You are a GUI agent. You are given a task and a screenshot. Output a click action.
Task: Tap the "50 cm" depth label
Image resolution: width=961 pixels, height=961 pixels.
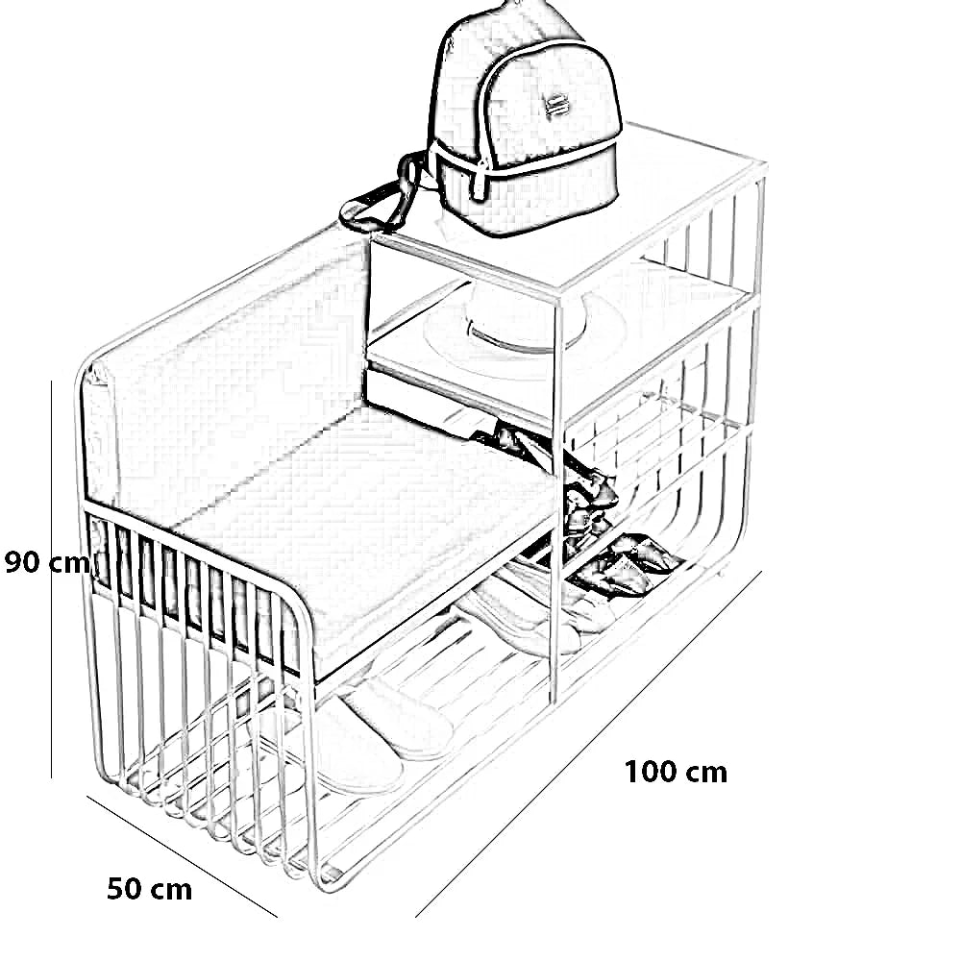(149, 889)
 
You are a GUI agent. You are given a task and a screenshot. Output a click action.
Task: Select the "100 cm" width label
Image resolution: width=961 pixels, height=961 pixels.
(676, 772)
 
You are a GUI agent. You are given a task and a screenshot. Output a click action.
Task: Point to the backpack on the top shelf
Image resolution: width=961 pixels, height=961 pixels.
(524, 125)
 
